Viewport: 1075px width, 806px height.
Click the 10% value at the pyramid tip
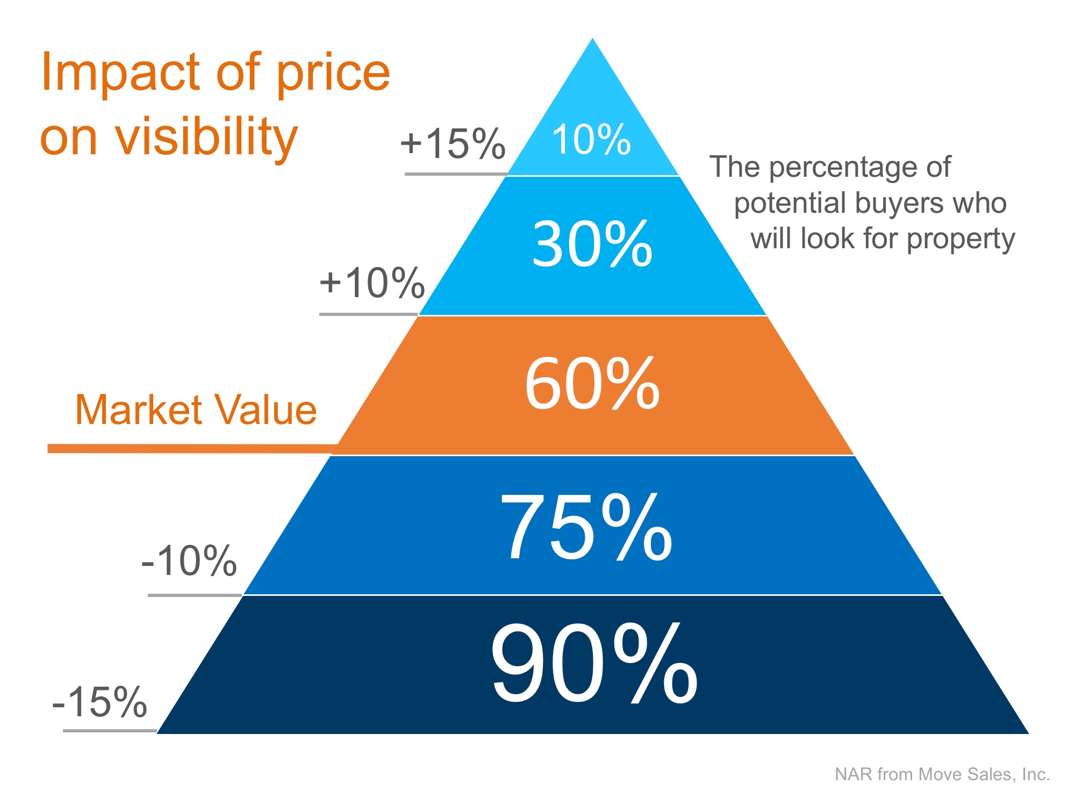coord(591,140)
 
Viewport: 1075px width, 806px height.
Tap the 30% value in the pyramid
coord(592,244)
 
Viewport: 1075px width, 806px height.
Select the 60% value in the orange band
coord(592,384)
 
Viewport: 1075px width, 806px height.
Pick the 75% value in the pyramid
coord(586,527)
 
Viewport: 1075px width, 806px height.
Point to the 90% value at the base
coord(594,664)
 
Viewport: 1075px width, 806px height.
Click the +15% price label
coord(453,144)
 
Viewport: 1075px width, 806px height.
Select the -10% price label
coord(189,561)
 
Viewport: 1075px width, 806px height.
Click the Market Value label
coord(196,410)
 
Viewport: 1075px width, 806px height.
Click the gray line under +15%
coord(456,174)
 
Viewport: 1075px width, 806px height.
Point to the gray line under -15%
coord(110,731)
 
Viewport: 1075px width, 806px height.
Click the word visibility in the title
coord(207,138)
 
